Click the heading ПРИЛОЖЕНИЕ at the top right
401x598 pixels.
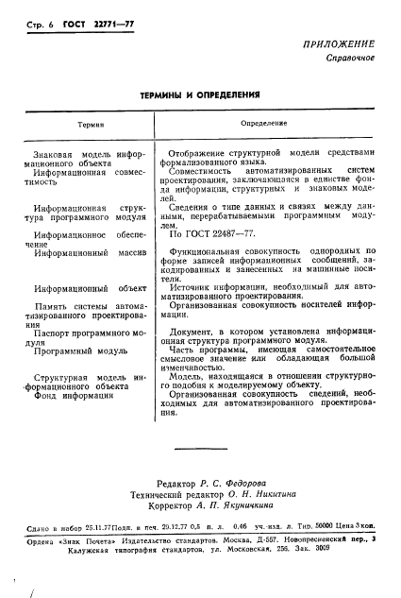(x=338, y=44)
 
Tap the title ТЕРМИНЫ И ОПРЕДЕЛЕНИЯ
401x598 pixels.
(x=200, y=95)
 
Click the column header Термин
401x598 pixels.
(x=89, y=125)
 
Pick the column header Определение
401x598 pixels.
(x=263, y=124)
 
